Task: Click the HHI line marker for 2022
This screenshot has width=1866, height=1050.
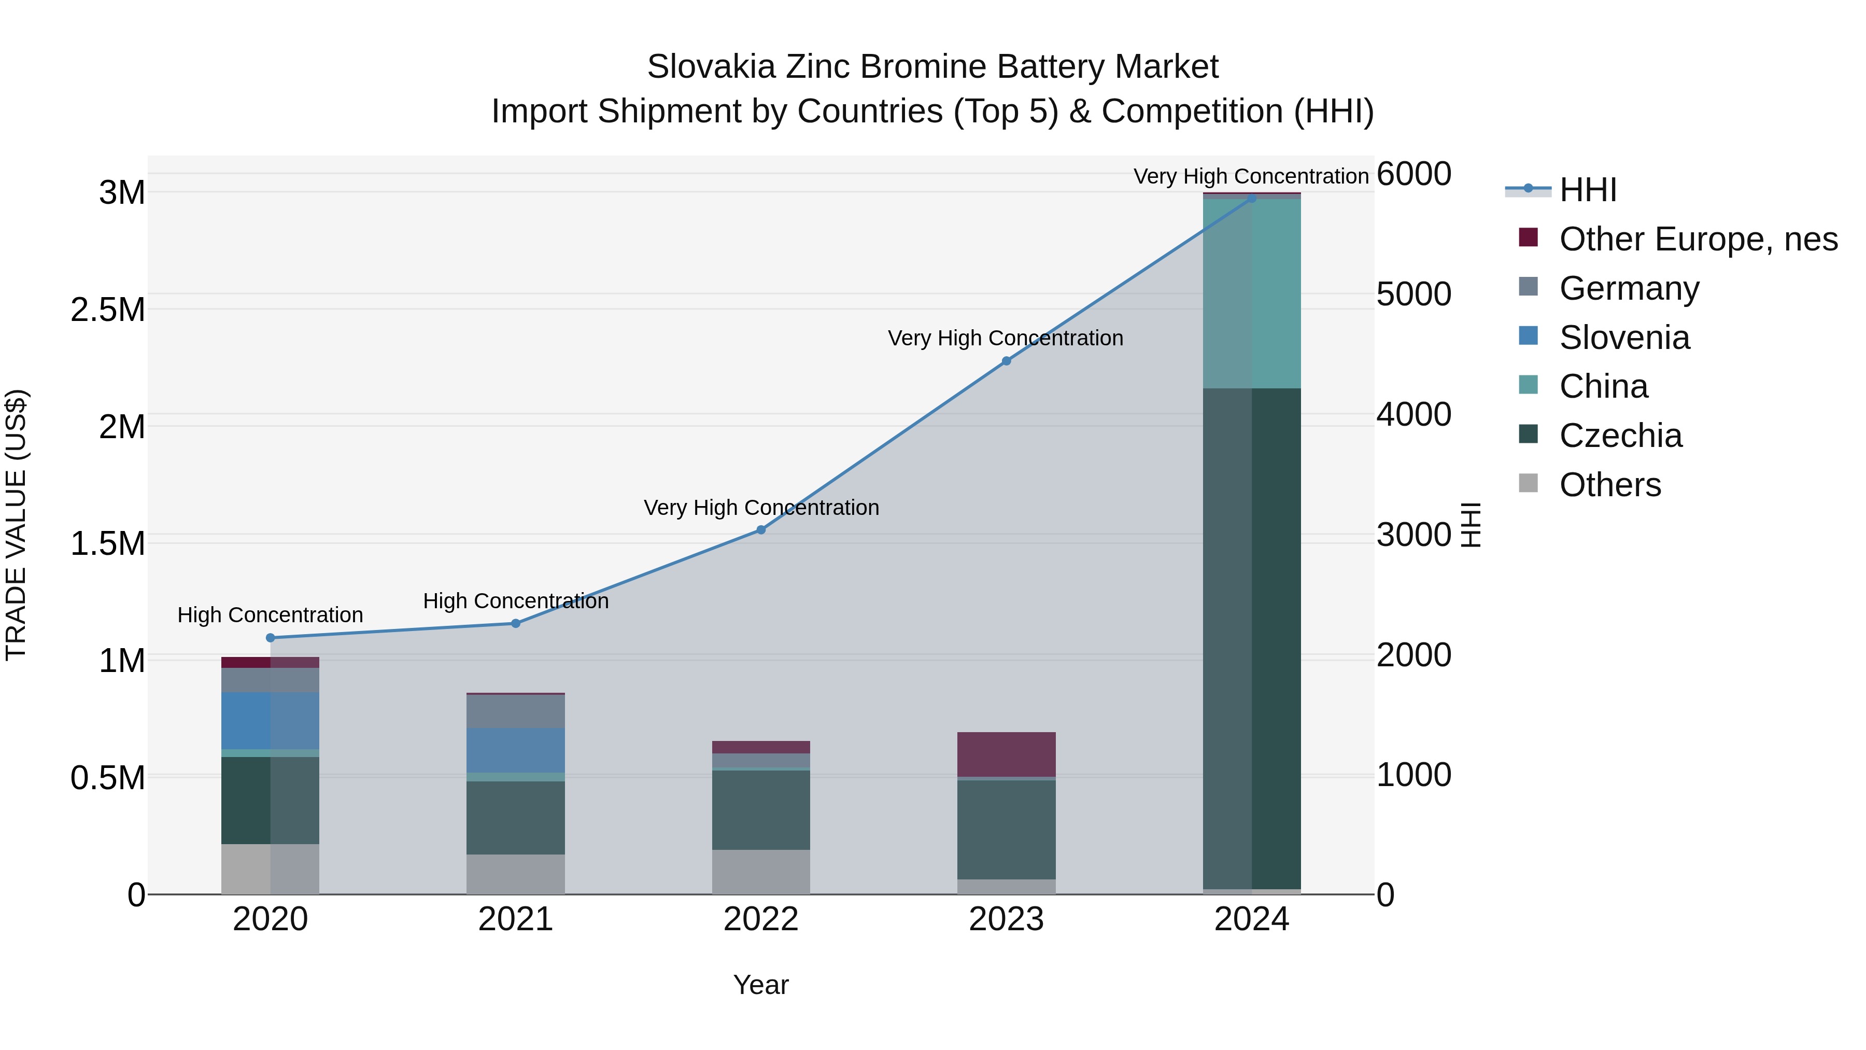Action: pyautogui.click(x=760, y=530)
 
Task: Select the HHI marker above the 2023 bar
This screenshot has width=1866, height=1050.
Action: pyautogui.click(x=1006, y=361)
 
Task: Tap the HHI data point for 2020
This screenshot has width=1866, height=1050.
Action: pyautogui.click(x=270, y=638)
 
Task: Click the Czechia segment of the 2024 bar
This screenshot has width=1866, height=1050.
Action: pyautogui.click(x=1252, y=638)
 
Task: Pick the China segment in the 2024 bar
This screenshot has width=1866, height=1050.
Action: pyautogui.click(x=1252, y=293)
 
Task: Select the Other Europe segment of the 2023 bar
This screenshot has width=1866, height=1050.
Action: pyautogui.click(x=1006, y=754)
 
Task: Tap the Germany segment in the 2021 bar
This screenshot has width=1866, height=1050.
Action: pyautogui.click(x=515, y=711)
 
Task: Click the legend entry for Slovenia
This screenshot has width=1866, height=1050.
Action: pyautogui.click(x=1623, y=338)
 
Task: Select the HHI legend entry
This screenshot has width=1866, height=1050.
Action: pyautogui.click(x=1587, y=190)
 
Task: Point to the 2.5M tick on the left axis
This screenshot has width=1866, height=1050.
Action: pyautogui.click(x=108, y=310)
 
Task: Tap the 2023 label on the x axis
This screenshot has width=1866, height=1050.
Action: pyautogui.click(x=1006, y=919)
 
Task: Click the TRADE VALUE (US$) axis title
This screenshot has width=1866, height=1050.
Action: pyautogui.click(x=17, y=525)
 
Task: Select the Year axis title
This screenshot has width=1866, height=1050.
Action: pyautogui.click(x=760, y=985)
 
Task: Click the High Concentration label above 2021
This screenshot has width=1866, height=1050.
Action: pyautogui.click(x=515, y=601)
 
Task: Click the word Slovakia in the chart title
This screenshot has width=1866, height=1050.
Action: pyautogui.click(x=711, y=67)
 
